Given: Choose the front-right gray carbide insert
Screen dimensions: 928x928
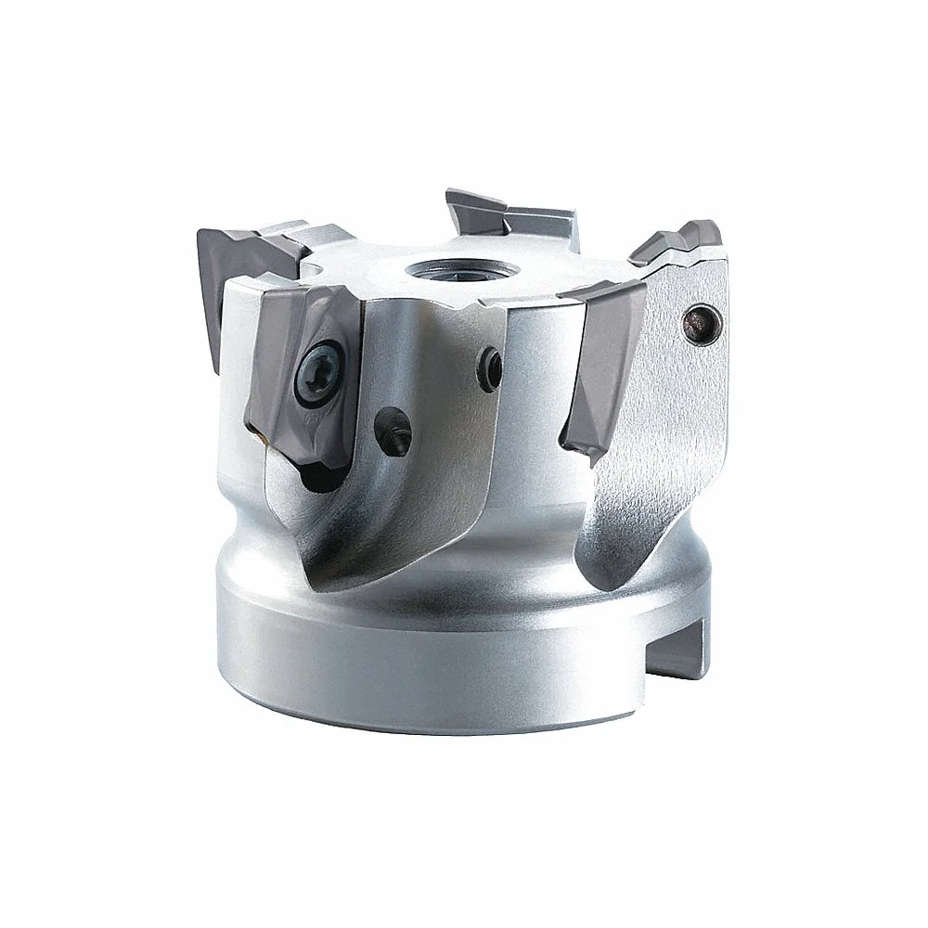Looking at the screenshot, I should [602, 362].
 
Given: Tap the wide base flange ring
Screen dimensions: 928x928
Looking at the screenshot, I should [445, 668].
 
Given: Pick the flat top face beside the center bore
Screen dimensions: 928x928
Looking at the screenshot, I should [520, 269].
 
